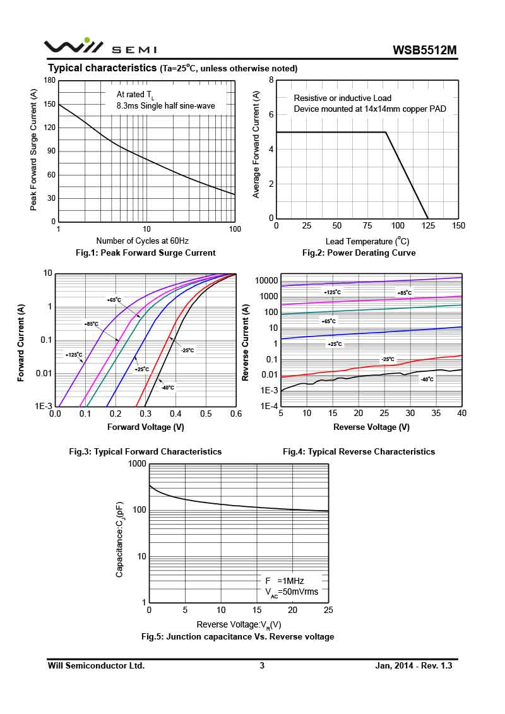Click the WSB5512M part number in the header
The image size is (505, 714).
[424, 50]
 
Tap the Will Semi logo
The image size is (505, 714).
[100, 47]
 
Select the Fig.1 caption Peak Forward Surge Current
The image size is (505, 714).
[145, 253]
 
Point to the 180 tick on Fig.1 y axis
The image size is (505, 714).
[49, 80]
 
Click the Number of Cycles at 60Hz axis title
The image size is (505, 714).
[142, 241]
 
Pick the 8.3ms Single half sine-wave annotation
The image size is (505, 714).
[165, 105]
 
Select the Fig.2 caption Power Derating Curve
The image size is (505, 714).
[359, 253]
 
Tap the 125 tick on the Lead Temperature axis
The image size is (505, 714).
[429, 226]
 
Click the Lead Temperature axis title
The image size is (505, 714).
[367, 241]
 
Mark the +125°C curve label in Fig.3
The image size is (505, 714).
[74, 355]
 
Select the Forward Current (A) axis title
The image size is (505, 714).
[21, 343]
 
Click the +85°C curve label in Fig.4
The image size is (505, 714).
[404, 293]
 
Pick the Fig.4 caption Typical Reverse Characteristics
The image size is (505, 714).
[359, 451]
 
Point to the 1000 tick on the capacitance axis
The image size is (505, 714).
[137, 464]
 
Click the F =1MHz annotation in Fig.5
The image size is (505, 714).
[284, 580]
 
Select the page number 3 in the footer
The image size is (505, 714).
[262, 665]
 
